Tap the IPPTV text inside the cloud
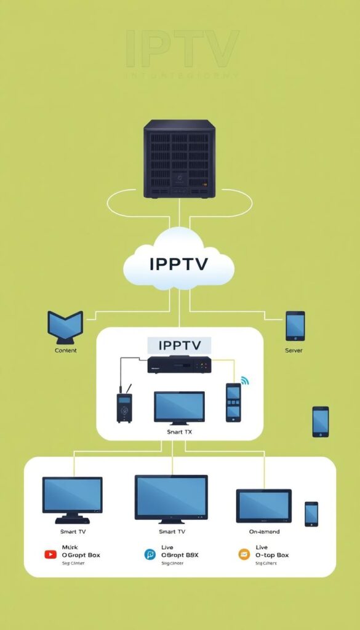click(178, 264)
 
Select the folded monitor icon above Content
click(65, 326)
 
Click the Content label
click(65, 351)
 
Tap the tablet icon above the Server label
click(295, 325)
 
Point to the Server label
click(294, 351)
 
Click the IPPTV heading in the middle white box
click(178, 345)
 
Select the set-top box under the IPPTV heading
click(179, 365)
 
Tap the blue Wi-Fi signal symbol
click(246, 380)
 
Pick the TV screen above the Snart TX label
click(179, 407)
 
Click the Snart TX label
click(179, 433)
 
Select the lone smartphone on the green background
click(320, 421)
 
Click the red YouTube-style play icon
click(50, 554)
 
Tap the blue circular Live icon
click(150, 554)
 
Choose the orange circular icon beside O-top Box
click(244, 554)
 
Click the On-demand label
click(264, 532)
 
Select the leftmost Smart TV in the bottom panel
click(72, 498)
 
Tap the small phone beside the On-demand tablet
click(311, 514)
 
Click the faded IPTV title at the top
click(182, 49)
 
